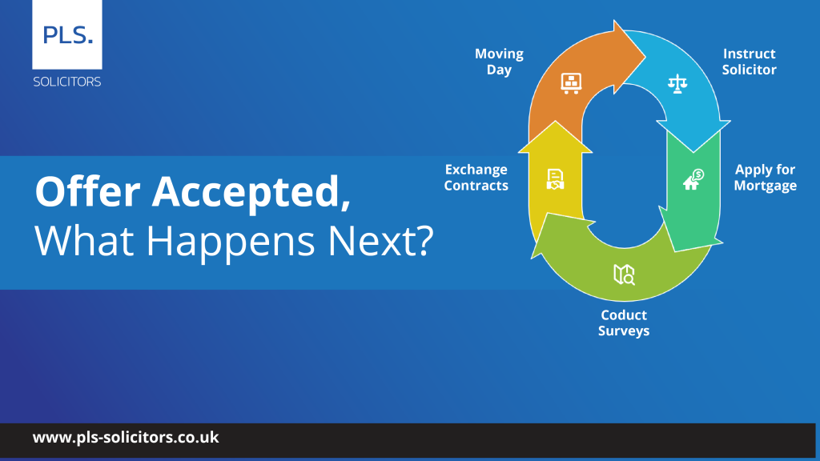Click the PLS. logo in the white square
67,35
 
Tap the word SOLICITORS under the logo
67,82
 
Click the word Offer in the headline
88,191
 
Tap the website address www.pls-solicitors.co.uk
126,438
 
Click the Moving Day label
499,62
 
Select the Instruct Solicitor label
749,61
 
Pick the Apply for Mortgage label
765,178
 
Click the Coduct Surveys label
623,323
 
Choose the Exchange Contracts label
476,177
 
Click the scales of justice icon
677,83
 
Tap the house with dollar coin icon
693,179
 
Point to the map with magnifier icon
624,275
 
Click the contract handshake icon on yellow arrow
555,178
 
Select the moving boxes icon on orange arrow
571,83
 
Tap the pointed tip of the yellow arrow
556,122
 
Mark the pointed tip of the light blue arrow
694,152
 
